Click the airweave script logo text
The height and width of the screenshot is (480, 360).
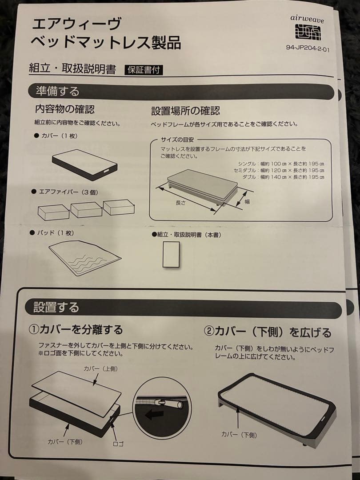[307, 19]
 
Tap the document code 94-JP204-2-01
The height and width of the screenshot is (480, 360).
[308, 48]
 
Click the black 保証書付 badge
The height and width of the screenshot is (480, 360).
[144, 70]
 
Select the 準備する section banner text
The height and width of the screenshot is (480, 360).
[57, 91]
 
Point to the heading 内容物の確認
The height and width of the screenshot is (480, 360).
[65, 109]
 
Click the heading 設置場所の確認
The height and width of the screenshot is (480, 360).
[185, 111]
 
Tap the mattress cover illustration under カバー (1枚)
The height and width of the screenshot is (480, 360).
[85, 164]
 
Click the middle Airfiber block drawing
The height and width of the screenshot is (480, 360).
[87, 209]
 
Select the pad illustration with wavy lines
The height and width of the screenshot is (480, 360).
[85, 258]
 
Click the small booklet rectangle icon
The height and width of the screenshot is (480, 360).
[171, 254]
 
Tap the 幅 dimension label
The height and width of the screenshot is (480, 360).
[247, 201]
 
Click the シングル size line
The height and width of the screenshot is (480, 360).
[281, 164]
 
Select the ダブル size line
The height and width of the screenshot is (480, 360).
[283, 177]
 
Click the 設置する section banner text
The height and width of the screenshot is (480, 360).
[56, 307]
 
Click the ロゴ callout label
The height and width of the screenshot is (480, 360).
[119, 444]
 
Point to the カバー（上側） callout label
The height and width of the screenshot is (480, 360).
[101, 369]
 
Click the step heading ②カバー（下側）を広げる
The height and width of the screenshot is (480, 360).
[268, 332]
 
